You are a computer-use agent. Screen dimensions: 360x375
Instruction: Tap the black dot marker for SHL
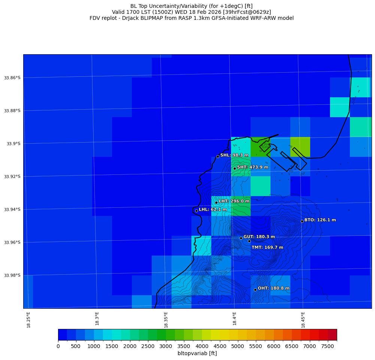pyautogui.click(x=218, y=156)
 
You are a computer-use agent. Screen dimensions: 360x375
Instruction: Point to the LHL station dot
pyautogui.click(x=196, y=211)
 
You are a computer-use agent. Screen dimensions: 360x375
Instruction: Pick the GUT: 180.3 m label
pyautogui.click(x=259, y=237)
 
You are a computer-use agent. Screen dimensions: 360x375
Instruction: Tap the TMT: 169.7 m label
pyautogui.click(x=267, y=247)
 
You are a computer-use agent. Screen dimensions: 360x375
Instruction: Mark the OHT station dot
pyautogui.click(x=255, y=290)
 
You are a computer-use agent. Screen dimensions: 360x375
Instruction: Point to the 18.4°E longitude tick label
pyautogui.click(x=235, y=319)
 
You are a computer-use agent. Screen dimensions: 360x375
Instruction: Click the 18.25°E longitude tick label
pyautogui.click(x=28, y=319)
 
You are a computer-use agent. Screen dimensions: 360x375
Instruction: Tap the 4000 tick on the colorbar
pyautogui.click(x=202, y=346)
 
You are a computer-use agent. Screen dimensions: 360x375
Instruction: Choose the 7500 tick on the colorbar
pyautogui.click(x=328, y=346)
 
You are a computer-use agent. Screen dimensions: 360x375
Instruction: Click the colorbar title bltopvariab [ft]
pyautogui.click(x=197, y=353)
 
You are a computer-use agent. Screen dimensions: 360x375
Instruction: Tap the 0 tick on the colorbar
pyautogui.click(x=58, y=346)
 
